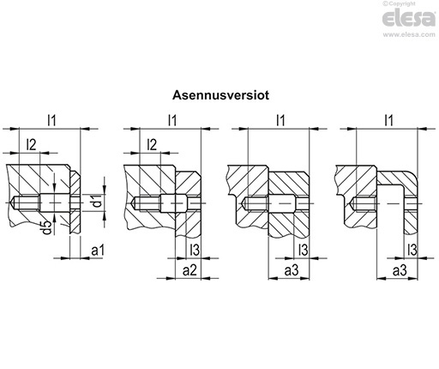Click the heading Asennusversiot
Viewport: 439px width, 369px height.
pos(220,95)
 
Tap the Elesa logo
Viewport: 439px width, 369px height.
pos(408,18)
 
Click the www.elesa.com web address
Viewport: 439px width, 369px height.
pos(409,34)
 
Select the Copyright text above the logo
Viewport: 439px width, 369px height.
pos(399,3)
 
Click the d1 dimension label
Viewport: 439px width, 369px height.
pos(98,201)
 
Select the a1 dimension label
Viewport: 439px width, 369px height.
pos(98,251)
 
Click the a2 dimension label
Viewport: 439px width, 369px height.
pos(190,270)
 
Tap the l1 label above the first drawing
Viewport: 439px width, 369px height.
pos(51,120)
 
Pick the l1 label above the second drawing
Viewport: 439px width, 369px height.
pos(172,120)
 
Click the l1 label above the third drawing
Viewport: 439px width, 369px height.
pos(280,120)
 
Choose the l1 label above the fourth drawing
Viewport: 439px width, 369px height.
pos(388,120)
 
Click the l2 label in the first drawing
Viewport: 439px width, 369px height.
pos(31,145)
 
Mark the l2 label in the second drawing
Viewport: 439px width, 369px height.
pos(152,145)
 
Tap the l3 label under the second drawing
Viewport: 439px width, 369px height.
pos(195,250)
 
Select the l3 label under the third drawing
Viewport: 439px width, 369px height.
pos(303,250)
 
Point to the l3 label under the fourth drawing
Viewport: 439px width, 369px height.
pos(412,250)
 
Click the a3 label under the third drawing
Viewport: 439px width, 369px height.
pos(292,270)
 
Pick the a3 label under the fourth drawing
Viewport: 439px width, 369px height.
pos(400,270)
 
